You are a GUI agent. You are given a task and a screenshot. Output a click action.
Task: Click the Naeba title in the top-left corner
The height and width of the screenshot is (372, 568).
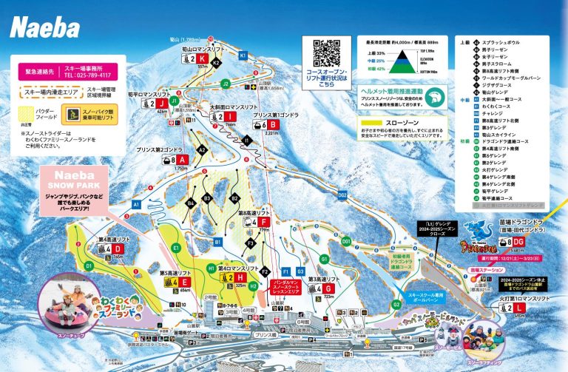[44, 28]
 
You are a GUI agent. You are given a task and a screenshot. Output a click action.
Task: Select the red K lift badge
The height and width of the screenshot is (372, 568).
[200, 58]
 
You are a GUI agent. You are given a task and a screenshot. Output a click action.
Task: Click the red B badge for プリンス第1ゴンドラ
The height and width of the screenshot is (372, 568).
[274, 125]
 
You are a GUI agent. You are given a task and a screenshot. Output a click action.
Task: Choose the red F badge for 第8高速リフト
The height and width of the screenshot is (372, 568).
[264, 221]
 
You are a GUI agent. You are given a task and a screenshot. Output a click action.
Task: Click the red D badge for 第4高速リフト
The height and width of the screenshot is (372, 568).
[118, 248]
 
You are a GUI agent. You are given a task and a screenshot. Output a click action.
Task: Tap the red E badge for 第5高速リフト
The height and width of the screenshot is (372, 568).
[184, 282]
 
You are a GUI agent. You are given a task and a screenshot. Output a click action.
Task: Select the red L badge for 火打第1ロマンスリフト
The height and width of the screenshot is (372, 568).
[520, 307]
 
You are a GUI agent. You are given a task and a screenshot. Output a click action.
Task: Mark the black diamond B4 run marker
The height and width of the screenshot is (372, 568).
[190, 203]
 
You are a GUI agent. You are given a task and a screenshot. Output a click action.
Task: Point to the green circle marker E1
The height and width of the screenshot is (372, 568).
[176, 247]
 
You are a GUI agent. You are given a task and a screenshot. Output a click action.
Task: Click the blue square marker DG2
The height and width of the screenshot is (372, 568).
[342, 195]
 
